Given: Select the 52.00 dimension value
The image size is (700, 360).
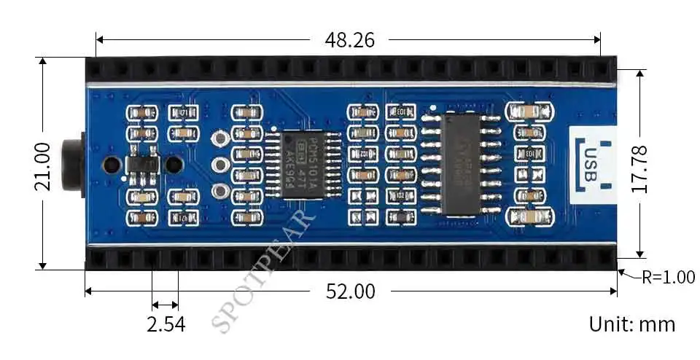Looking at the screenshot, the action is (351, 292).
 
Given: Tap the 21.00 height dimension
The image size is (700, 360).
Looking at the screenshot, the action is (42, 166).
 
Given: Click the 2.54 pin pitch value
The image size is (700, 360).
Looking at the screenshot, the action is (166, 324).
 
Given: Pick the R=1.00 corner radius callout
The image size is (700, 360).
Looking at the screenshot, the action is (668, 277).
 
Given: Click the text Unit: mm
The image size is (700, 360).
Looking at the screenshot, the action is (631, 324).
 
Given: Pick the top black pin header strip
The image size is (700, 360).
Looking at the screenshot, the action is (350, 70).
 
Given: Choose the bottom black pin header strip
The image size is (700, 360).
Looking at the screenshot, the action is (350, 258).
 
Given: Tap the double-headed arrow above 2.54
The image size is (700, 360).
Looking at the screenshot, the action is (165, 305).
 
